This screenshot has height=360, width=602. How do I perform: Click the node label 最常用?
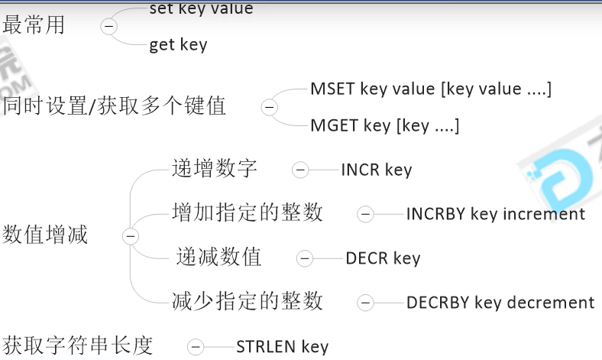point(34,25)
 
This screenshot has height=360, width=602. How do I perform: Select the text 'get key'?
point(178,45)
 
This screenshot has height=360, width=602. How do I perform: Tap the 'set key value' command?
point(201,9)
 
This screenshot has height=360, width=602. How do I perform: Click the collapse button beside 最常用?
point(109,26)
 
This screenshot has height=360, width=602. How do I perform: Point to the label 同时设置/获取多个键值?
point(115,105)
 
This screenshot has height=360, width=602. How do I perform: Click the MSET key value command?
point(430,89)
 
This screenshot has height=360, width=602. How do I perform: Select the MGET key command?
point(384,125)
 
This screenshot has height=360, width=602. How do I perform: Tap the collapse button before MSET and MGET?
point(268,107)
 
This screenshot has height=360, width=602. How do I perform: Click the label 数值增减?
point(46,235)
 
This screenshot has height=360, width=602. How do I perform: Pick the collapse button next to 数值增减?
point(131,236)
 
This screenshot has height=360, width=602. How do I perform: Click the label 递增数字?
point(215,169)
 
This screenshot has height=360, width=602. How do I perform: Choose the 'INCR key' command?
point(376,170)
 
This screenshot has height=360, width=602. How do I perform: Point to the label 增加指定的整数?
point(248,212)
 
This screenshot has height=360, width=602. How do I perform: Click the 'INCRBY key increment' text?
point(495,214)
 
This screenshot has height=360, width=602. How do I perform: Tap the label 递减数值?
point(218,258)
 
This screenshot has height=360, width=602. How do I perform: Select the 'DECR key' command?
point(383,258)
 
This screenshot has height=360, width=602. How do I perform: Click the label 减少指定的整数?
point(248,301)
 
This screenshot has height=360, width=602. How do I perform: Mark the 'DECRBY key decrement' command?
point(500,303)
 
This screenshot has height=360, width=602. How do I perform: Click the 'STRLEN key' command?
point(282,346)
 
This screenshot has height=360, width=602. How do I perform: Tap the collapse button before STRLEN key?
point(196,347)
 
